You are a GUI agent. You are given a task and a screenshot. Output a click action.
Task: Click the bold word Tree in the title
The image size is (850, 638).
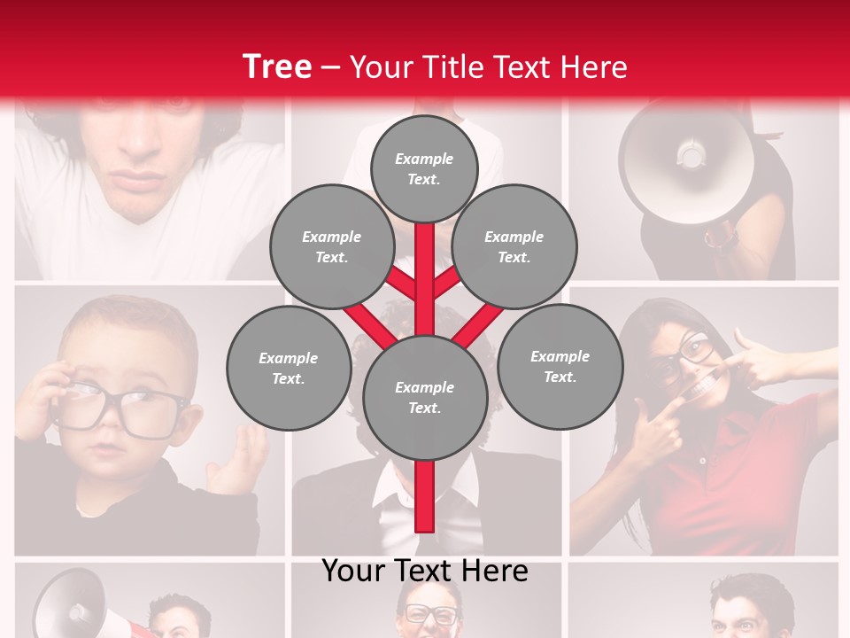277,67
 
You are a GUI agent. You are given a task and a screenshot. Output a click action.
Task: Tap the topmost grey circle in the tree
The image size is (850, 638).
424,168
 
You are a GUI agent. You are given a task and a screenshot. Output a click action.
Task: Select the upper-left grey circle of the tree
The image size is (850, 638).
332,247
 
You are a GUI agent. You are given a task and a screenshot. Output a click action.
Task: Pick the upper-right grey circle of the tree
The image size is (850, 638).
514,247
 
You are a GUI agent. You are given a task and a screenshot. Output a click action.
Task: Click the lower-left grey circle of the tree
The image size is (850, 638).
289,369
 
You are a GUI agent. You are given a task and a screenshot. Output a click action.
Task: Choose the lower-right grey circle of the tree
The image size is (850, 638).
560,367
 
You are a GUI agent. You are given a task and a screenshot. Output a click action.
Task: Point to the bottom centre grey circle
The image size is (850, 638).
424,398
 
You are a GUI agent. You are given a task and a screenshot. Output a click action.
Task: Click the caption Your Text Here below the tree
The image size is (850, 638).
425,571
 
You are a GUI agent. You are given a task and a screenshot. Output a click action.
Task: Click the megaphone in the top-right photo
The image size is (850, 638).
686,159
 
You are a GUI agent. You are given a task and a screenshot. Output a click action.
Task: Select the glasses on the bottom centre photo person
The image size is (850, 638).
431,614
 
